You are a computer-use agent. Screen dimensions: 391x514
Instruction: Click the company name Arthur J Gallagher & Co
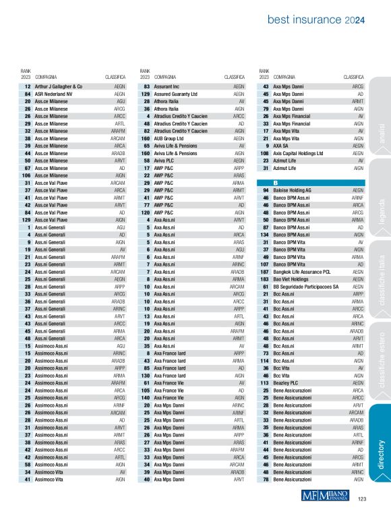point(58,87)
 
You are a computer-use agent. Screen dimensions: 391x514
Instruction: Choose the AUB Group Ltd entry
point(169,138)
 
